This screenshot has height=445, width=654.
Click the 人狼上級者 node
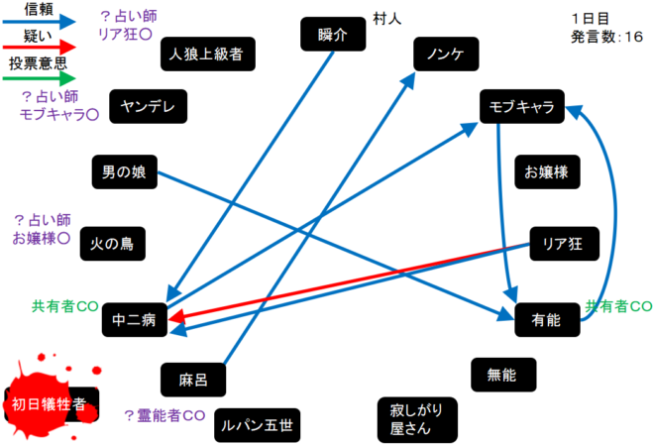click(206, 54)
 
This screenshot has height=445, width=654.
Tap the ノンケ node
click(440, 54)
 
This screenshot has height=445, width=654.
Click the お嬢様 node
click(546, 170)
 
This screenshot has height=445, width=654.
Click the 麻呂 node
click(192, 378)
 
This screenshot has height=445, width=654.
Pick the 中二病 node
click(135, 320)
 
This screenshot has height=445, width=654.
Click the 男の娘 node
click(124, 171)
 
